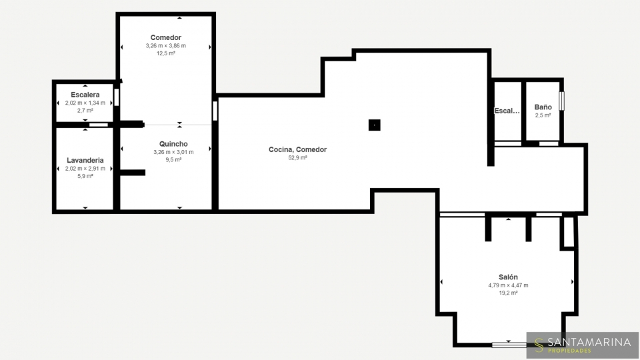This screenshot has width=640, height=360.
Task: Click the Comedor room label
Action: pos(166,37)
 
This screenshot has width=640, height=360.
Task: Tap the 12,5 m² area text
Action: pos(166,53)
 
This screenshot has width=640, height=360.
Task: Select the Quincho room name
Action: pos(173,144)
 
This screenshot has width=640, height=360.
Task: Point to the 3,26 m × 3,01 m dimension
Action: pos(173,152)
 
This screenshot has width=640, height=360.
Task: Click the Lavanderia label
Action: pos(85,161)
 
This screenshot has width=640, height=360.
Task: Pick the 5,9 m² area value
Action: pos(85,176)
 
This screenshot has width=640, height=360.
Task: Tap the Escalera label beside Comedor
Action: pos(85,95)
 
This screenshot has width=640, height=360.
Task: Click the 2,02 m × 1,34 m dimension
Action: pos(85,103)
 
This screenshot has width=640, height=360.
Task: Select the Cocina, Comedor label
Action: pos(297,149)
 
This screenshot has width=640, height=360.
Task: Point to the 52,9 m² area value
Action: pos(297,157)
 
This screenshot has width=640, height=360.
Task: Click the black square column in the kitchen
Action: pos(374,125)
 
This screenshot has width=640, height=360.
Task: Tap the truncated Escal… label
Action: pos(507,111)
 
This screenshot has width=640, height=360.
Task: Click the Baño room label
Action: pos(543,107)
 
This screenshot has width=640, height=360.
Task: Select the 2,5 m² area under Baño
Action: pos(543,115)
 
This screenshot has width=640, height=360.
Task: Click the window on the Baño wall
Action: pos(561,101)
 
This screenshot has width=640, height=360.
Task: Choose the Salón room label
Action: pos(508,277)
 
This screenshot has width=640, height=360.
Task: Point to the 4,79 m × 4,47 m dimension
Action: pos(508,285)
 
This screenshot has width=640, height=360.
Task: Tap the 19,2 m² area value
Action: pos(508,293)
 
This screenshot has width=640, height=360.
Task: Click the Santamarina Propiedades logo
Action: pos(583,345)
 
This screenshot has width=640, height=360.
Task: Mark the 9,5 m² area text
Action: pos(173,159)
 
